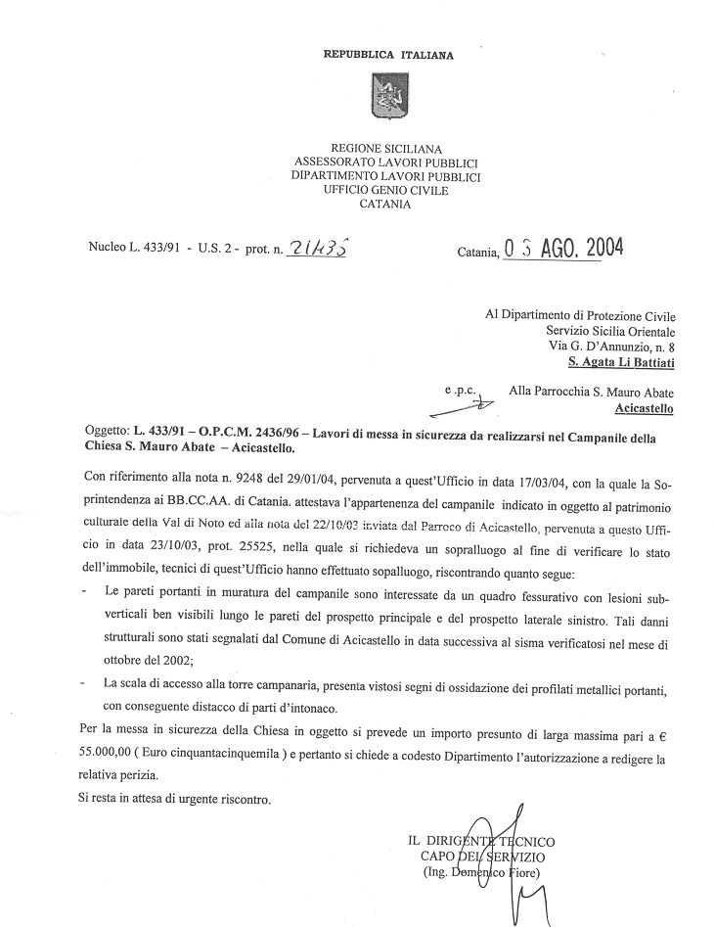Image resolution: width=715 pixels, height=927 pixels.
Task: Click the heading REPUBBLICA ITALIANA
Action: coord(388,56)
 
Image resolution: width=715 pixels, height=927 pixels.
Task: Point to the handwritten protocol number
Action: coord(319,251)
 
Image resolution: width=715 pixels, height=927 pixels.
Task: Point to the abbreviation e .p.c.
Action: coord(460,391)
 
